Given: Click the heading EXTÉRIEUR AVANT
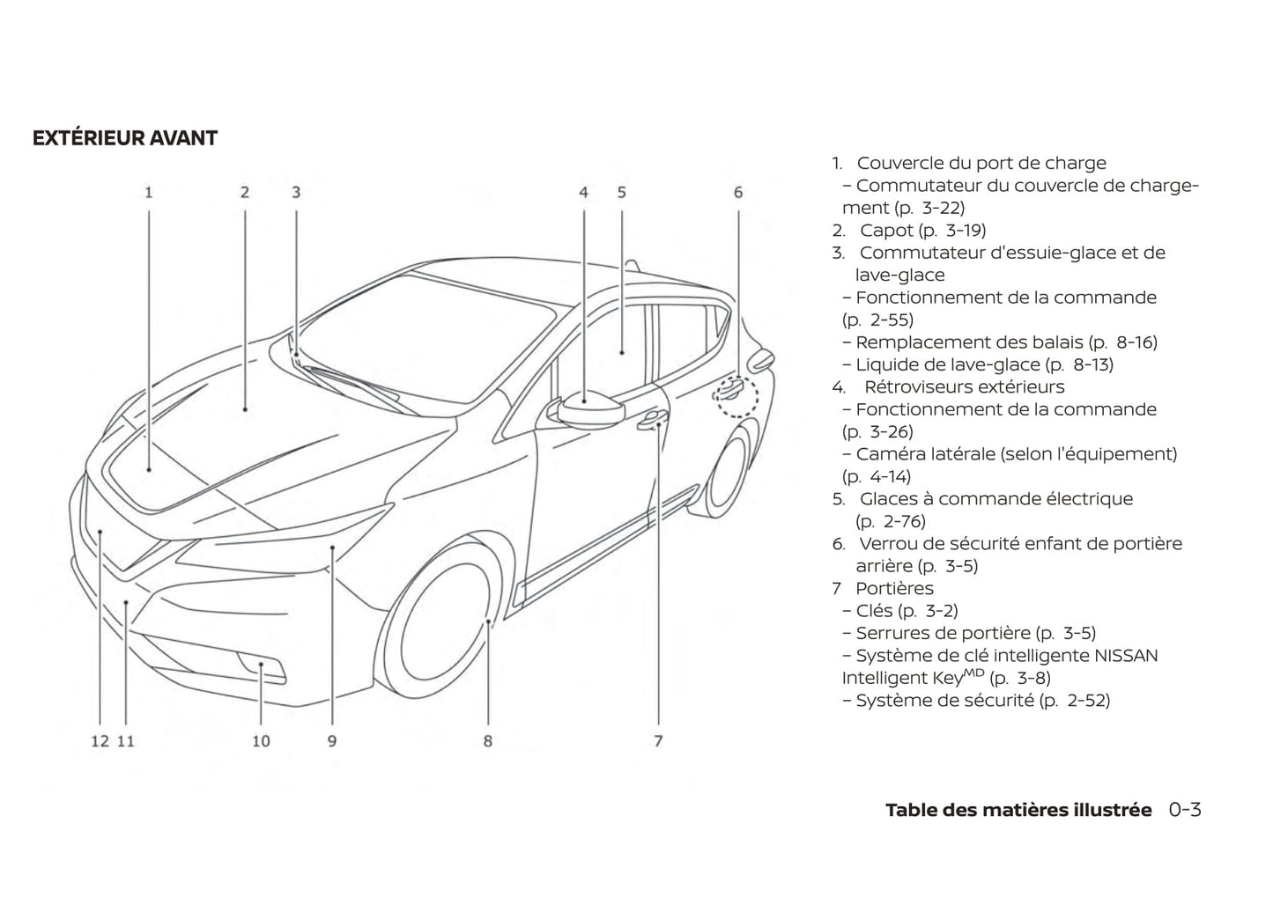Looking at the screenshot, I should click(124, 138).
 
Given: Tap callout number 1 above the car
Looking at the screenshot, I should click(149, 192).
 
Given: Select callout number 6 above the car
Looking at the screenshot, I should click(738, 192).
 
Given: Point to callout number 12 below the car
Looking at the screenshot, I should click(100, 741).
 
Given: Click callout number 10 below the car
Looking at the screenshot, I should click(261, 741).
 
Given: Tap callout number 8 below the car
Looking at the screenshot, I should click(487, 741).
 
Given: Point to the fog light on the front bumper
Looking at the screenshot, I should click(263, 669).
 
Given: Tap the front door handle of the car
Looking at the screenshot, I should click(653, 421).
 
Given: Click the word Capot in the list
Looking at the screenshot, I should click(886, 231).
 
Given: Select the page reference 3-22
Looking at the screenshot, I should click(942, 209).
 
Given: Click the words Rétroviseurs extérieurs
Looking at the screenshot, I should click(964, 387).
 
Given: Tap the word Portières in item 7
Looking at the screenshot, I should click(894, 589).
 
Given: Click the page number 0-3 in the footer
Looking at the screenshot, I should click(1185, 810).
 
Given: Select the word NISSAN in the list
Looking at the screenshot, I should click(1126, 656).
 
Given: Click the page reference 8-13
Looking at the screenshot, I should click(1092, 365).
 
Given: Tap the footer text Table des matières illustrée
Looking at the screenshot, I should click(1018, 810).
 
